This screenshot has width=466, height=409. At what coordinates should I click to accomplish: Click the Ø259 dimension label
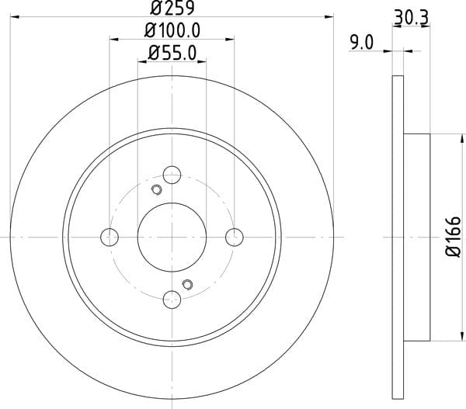(x=172, y=8)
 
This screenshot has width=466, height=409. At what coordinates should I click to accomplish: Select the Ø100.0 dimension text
(x=172, y=30)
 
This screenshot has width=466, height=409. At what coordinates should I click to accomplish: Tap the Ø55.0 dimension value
(x=172, y=54)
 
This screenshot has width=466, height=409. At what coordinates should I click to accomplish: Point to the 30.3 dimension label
(x=412, y=18)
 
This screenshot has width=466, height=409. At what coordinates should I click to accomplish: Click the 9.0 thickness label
(x=361, y=43)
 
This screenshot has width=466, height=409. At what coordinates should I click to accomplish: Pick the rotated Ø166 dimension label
(x=454, y=237)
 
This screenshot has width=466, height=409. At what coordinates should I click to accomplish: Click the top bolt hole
(x=172, y=175)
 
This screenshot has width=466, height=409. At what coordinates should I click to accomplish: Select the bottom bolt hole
(x=172, y=300)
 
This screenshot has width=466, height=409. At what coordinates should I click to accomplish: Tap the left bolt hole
(x=110, y=237)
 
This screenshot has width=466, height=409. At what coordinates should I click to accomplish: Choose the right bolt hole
(x=235, y=237)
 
